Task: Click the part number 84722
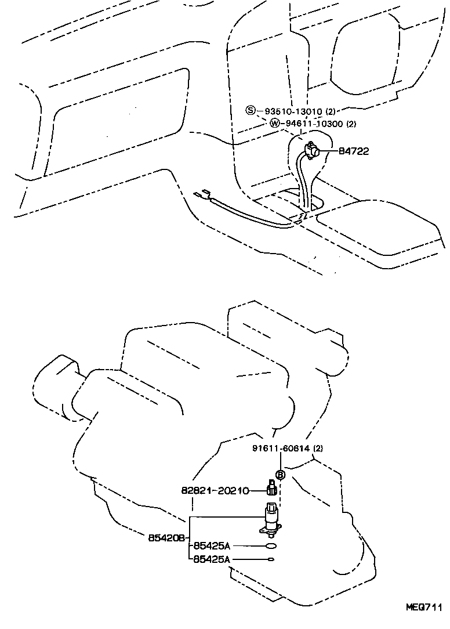click(354, 151)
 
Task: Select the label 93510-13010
click(292, 111)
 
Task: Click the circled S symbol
click(250, 111)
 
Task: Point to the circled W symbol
click(274, 123)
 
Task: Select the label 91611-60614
click(283, 449)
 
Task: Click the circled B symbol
click(280, 474)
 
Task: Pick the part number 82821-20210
click(215, 491)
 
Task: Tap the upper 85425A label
click(212, 545)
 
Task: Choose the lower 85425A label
click(212, 559)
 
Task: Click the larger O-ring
click(271, 546)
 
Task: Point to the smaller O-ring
click(271, 559)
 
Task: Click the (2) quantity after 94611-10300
click(351, 124)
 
